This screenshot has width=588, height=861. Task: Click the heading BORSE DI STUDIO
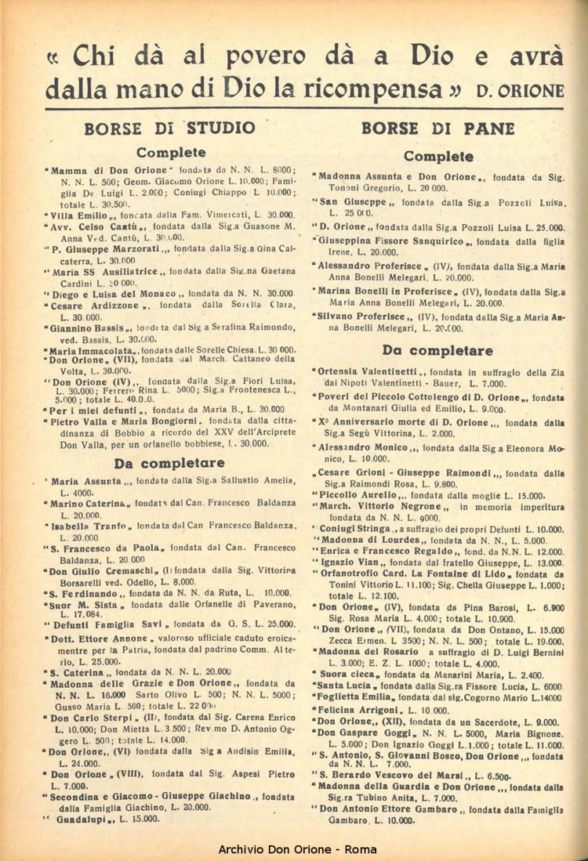tap(170, 128)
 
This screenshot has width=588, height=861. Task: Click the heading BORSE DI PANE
tap(438, 128)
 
